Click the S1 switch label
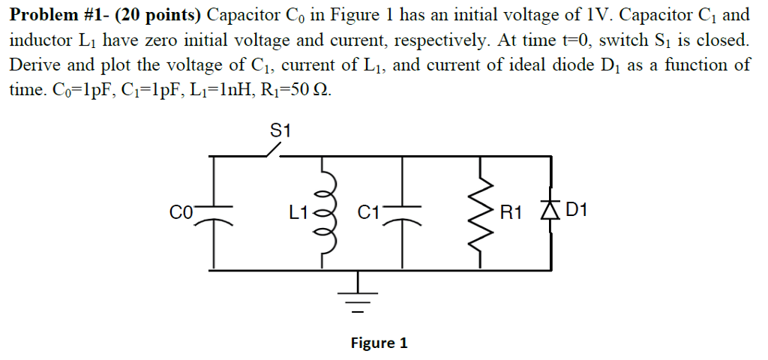[279, 130]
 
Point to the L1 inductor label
[298, 212]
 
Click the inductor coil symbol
[324, 211]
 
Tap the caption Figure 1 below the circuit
[379, 343]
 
